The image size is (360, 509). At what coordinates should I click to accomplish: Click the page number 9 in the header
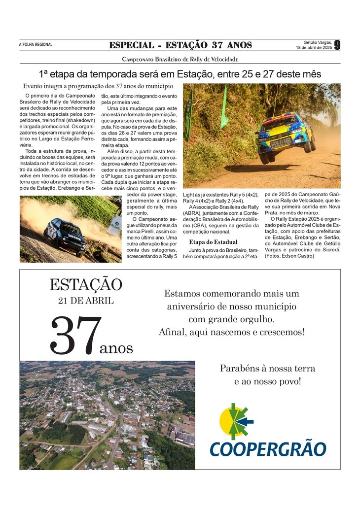coord(337,45)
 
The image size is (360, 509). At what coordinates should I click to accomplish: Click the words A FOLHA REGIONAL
coord(36,45)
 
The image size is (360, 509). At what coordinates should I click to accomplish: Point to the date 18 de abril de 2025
coord(314,48)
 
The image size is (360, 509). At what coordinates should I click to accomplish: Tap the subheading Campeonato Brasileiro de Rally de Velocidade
coord(180,59)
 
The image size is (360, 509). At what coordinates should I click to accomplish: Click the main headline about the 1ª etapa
coord(180,74)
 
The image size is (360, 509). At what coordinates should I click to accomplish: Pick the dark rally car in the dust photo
coord(65,237)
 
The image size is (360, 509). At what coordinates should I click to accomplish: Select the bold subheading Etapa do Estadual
coord(214,242)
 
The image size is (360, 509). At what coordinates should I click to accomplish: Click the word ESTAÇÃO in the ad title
coord(85,285)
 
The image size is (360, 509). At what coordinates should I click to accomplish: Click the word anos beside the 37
coord(116,348)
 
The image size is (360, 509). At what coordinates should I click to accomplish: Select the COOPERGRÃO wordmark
coord(268,449)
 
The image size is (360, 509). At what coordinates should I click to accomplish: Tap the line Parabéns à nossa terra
coord(267,368)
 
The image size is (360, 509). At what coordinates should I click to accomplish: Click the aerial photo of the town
coord(107,415)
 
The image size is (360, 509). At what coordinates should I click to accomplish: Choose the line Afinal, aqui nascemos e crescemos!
coord(232,332)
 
